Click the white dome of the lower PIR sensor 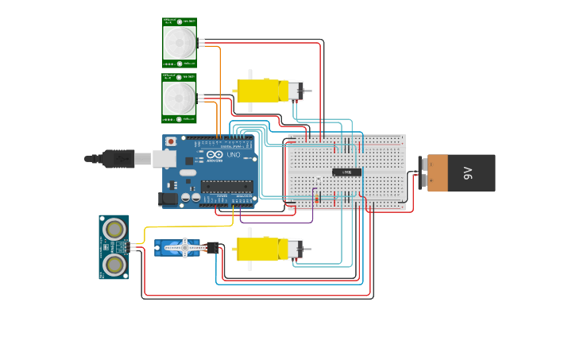180,98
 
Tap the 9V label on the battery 468,172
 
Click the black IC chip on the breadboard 346,172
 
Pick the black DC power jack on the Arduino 168,199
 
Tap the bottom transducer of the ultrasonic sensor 114,263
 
